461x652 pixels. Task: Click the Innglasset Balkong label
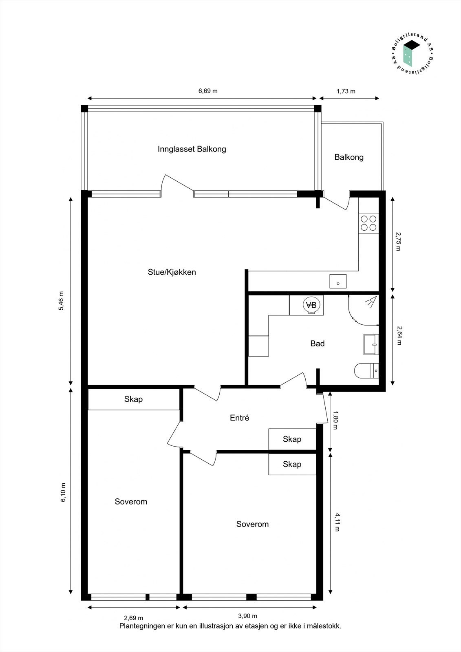[192, 149]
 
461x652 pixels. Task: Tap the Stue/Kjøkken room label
[172, 272]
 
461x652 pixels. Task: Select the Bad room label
[317, 344]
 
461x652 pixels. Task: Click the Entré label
[239, 418]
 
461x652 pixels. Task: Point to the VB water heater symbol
[311, 305]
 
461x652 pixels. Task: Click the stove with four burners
[369, 223]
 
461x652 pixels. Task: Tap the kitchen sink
[338, 281]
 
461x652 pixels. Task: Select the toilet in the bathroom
[366, 371]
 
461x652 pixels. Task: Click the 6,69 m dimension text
[208, 91]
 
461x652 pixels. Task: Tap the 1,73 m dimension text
[346, 91]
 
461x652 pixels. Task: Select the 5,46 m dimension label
[62, 301]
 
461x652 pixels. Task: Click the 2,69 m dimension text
[133, 618]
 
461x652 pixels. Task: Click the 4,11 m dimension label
[337, 522]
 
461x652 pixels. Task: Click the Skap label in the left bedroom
[133, 399]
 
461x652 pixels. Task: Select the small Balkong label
[349, 157]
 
